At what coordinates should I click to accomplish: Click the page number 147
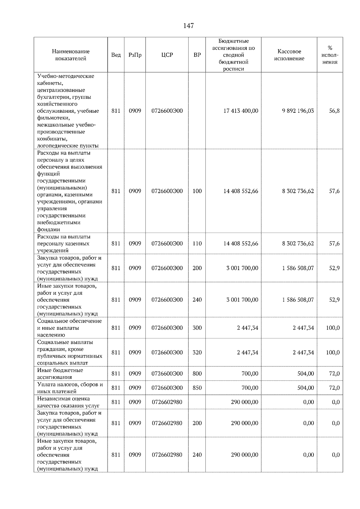[188, 26]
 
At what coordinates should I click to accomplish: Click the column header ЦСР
[167, 55]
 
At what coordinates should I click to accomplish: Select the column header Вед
[116, 55]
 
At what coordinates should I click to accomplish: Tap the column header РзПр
[135, 55]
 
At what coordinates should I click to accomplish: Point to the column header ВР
[197, 55]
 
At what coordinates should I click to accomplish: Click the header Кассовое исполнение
[289, 55]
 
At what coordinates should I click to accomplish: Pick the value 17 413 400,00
[241, 111]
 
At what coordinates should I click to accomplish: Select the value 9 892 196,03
[298, 111]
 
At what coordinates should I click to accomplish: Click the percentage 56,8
[334, 111]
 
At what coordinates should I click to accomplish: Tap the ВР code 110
[197, 243]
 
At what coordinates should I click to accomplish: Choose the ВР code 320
[197, 353]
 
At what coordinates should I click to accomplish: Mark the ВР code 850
[197, 388]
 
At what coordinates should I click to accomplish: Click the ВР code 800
[197, 374]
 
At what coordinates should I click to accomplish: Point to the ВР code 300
[197, 328]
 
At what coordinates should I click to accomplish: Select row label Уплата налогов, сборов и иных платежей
[70, 388]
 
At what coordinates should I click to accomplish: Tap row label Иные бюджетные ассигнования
[60, 374]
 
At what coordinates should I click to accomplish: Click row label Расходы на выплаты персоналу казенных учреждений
[63, 243]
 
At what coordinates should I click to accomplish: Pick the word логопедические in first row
[55, 146]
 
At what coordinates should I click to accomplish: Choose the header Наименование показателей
[70, 55]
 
